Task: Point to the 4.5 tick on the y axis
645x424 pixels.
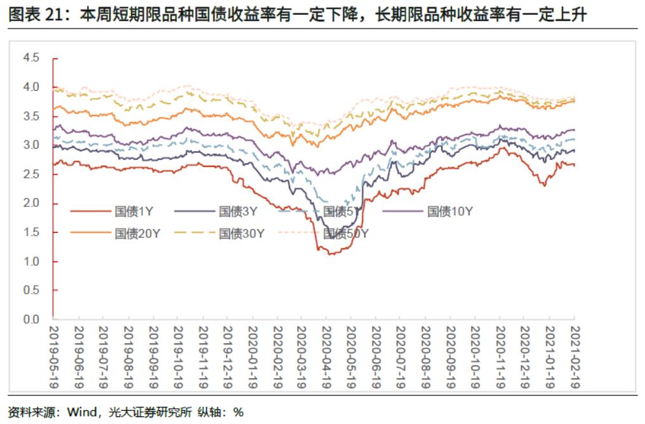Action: (x=31, y=58)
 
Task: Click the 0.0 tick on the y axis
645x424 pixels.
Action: (x=31, y=320)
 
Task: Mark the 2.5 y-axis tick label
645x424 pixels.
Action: (x=31, y=174)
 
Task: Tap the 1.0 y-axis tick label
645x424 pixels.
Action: (x=31, y=262)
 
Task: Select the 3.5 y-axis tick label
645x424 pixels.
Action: (x=31, y=116)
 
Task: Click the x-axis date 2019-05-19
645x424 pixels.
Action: (x=54, y=355)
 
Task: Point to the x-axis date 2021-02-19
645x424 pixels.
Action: (x=575, y=355)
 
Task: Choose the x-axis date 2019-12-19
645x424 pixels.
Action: (x=227, y=355)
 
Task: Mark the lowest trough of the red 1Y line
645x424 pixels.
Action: (x=329, y=255)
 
